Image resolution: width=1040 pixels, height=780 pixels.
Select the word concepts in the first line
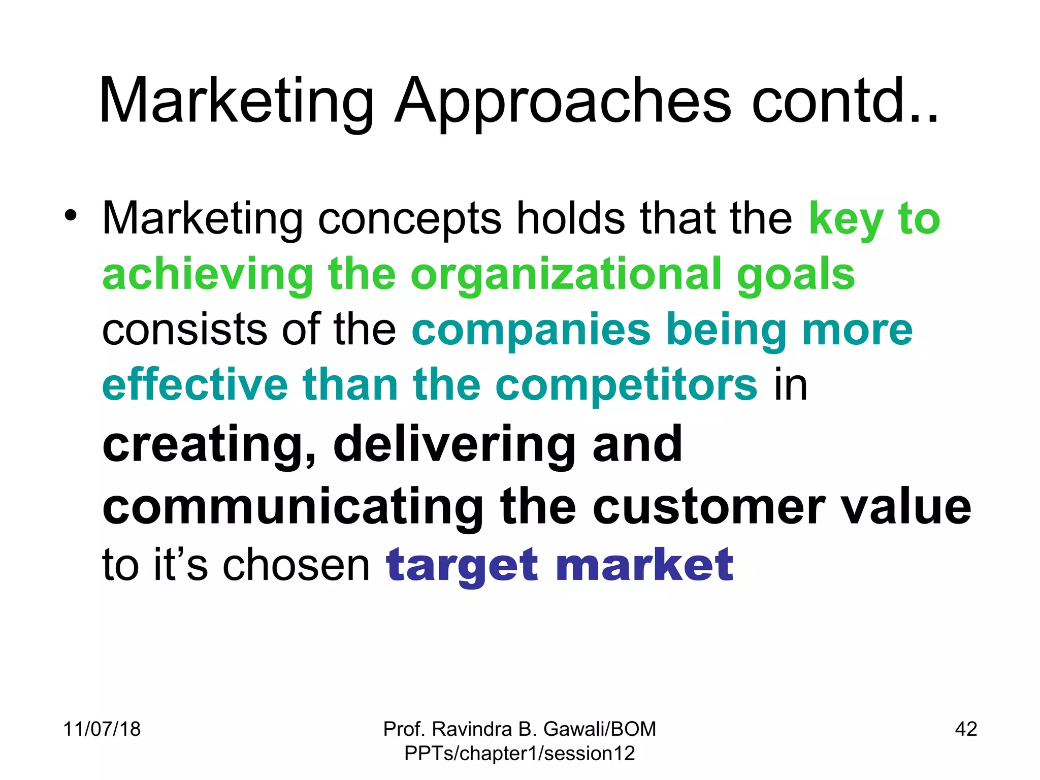point(409,219)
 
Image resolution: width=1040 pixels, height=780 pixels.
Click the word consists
point(184,330)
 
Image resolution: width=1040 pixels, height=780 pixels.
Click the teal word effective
point(195,385)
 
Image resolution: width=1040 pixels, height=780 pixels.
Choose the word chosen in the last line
point(297,566)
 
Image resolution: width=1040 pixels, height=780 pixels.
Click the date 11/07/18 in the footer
point(102,729)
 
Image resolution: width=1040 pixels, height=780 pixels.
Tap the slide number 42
point(966,729)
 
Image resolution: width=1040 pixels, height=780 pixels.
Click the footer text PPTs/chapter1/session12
point(519,754)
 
